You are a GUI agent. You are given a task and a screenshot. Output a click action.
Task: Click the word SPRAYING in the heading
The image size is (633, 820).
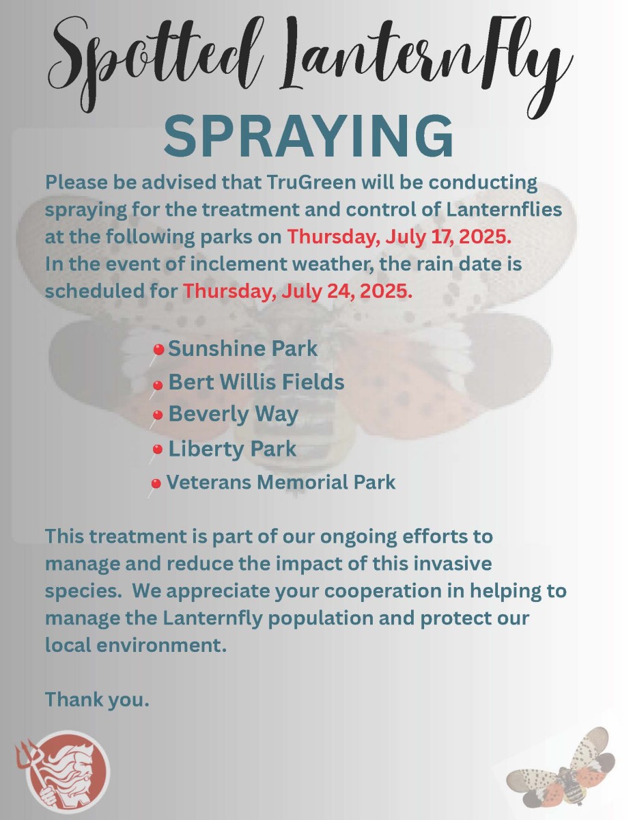click(x=309, y=137)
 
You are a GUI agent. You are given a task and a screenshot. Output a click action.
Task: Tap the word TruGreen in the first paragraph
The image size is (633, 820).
click(x=312, y=182)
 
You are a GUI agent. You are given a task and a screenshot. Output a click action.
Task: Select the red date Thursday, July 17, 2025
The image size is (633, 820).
click(x=399, y=237)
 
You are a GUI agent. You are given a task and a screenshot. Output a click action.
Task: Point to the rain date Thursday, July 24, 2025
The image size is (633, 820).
click(x=298, y=291)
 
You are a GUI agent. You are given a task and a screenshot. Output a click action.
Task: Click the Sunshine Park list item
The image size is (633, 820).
click(x=243, y=348)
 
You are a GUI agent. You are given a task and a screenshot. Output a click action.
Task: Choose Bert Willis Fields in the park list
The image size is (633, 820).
click(x=256, y=381)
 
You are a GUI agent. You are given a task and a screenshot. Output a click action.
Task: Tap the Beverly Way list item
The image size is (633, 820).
click(x=234, y=414)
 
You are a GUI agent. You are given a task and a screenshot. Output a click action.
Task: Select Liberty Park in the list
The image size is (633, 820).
click(x=232, y=449)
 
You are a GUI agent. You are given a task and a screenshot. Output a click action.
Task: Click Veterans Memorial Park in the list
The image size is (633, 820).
click(x=281, y=482)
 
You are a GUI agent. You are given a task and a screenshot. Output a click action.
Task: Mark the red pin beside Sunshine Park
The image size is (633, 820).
click(x=158, y=350)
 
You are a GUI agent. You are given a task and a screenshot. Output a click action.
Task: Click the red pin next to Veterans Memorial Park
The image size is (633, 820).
click(x=156, y=483)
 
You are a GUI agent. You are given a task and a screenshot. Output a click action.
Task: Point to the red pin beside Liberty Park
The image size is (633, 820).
click(x=157, y=450)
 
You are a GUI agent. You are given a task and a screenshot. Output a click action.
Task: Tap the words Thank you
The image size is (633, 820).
click(x=97, y=699)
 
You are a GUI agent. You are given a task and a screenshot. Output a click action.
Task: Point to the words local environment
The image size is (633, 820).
click(x=136, y=645)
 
